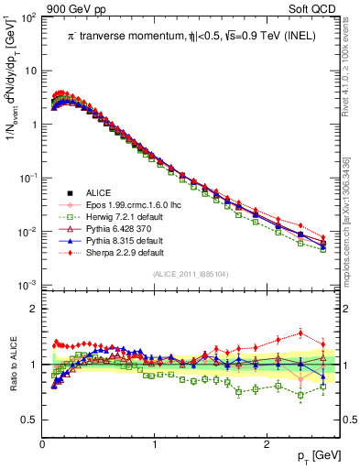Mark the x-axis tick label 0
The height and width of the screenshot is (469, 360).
43,444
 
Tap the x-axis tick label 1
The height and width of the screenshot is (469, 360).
155,444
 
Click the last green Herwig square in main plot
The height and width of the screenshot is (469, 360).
322,249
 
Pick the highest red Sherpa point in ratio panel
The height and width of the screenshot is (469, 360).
300,333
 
